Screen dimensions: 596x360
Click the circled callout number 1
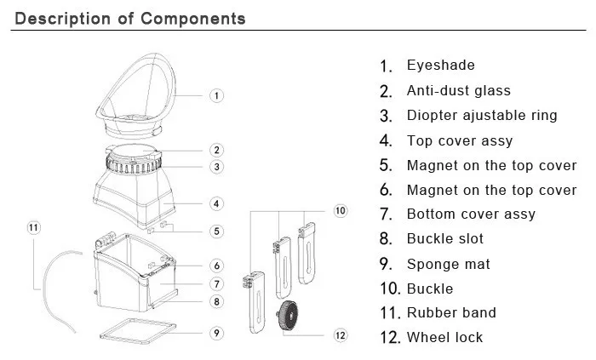(216, 95)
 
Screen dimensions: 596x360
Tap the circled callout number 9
(216, 333)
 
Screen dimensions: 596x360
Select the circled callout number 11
(33, 227)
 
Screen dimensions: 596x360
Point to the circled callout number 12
(341, 335)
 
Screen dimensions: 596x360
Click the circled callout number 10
(341, 211)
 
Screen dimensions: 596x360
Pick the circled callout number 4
(216, 203)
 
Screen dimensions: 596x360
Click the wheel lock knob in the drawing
(288, 315)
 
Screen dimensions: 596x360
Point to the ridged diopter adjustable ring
(133, 166)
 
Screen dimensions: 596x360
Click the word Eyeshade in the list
(440, 66)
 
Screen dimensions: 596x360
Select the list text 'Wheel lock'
(444, 337)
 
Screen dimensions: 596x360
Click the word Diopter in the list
(432, 116)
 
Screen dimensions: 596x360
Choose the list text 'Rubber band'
(451, 312)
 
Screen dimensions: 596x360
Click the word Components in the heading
(193, 19)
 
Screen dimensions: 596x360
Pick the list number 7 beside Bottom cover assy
(386, 214)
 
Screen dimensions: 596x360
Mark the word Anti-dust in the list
(436, 90)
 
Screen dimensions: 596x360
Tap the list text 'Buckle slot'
(444, 238)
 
